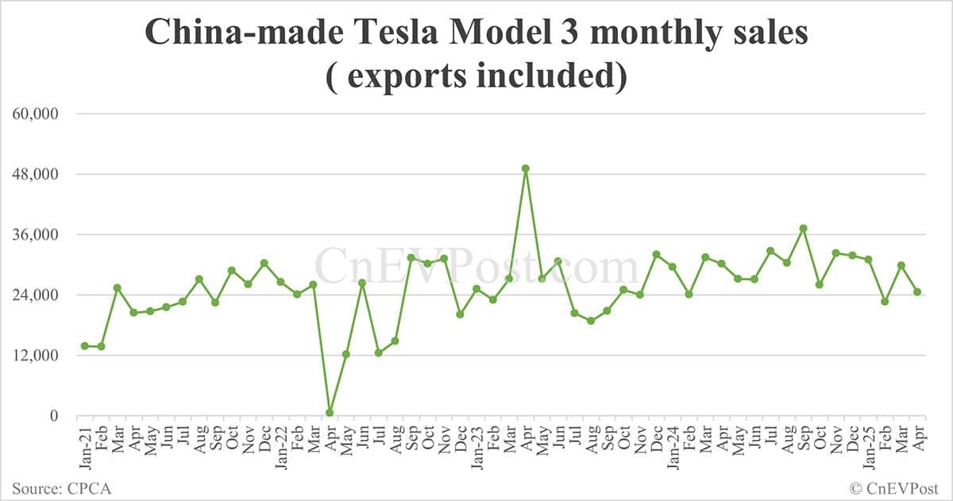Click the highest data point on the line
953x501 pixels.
525,168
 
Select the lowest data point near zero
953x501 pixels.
330,413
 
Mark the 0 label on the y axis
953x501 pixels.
53,415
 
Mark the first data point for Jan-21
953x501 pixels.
84,345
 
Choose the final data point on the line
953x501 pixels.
917,291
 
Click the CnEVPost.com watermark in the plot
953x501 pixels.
476,267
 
